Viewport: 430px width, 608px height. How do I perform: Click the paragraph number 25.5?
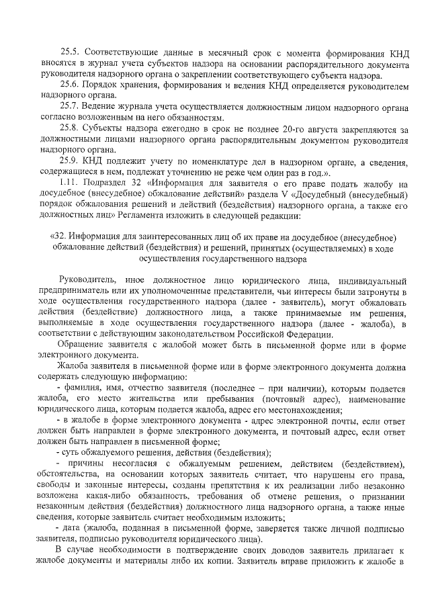point(71,52)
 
